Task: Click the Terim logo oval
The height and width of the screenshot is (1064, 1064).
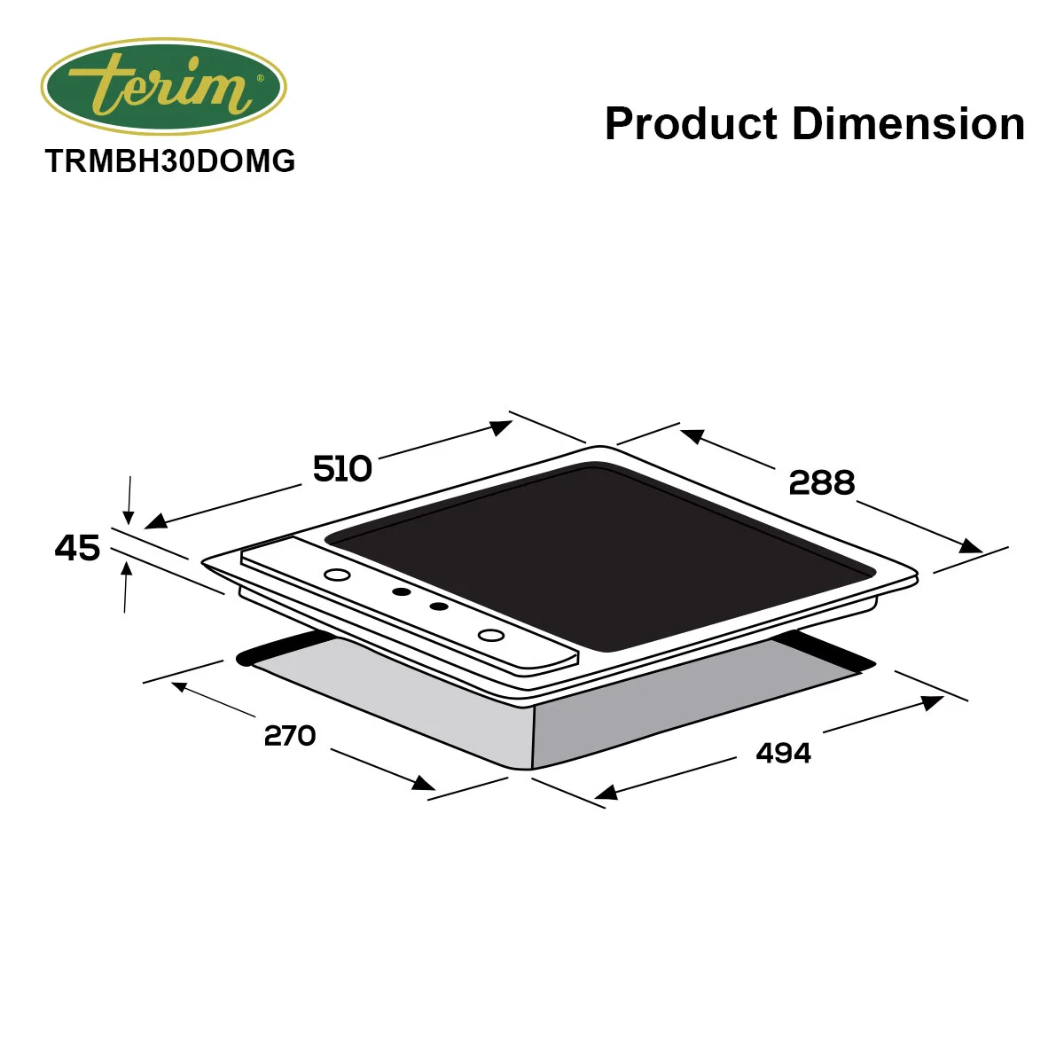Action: (163, 87)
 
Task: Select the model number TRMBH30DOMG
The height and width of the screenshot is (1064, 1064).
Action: (170, 161)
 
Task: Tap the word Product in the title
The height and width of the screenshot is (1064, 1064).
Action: (692, 123)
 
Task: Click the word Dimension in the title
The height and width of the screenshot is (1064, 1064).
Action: (908, 123)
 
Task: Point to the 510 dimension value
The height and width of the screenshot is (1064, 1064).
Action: (342, 469)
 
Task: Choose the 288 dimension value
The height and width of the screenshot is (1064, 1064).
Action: (822, 482)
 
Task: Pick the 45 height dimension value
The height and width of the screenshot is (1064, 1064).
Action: (77, 548)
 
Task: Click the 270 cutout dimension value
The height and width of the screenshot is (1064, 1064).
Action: (290, 735)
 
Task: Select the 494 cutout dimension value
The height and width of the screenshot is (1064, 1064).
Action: (784, 753)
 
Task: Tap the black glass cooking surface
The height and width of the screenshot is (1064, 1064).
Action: (602, 558)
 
